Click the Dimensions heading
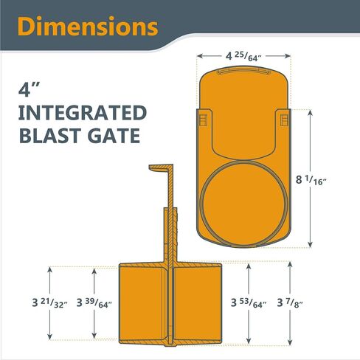[88, 27]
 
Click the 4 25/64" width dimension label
[243, 57]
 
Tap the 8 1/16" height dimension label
[311, 180]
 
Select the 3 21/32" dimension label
[50, 302]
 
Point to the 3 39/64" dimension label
[94, 302]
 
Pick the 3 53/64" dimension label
[249, 302]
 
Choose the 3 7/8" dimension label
[290, 302]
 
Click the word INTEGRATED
[83, 113]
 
